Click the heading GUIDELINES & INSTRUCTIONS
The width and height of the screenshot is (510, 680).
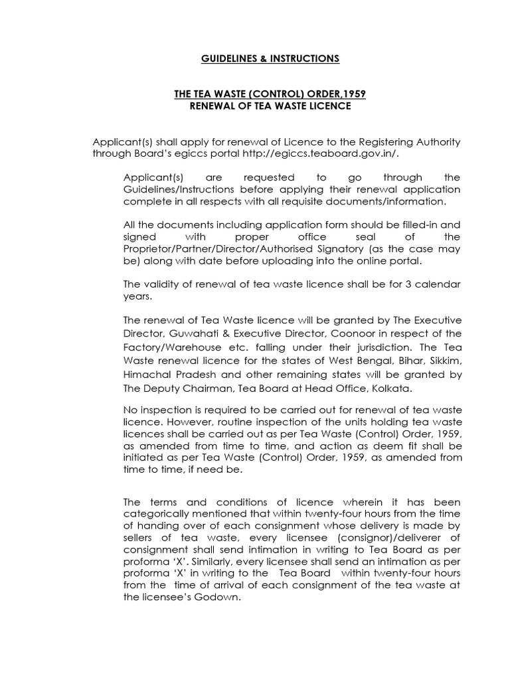pyautogui.click(x=270, y=59)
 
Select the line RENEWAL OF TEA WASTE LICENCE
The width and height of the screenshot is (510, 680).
pyautogui.click(x=270, y=106)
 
